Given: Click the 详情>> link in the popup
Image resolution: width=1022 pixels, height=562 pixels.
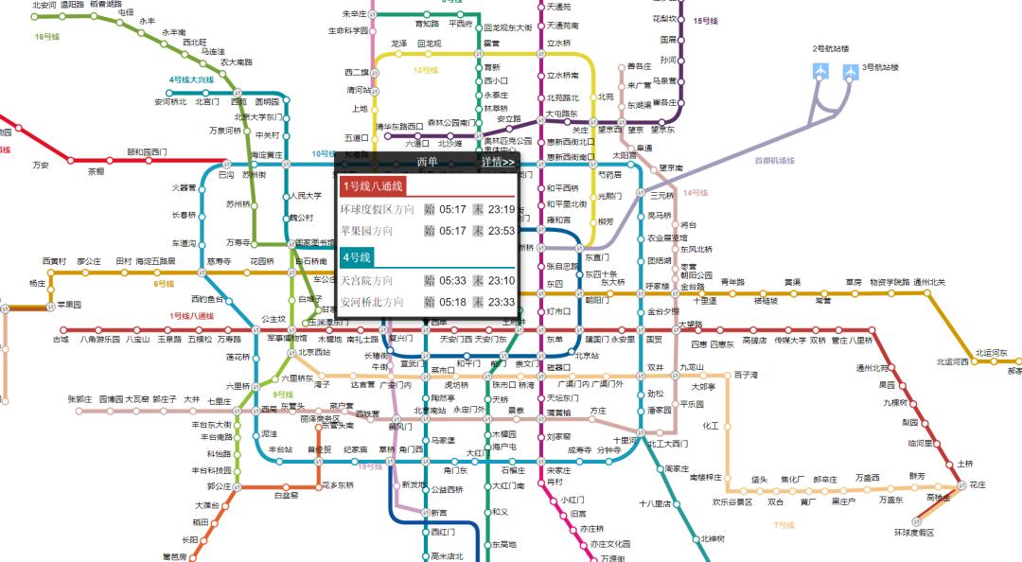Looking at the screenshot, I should click(x=497, y=162).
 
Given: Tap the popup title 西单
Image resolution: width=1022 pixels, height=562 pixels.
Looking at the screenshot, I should click(x=427, y=162).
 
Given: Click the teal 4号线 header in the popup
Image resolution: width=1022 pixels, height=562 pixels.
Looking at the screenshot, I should click(x=357, y=257).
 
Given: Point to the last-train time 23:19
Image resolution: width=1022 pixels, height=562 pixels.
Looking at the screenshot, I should click(x=502, y=209).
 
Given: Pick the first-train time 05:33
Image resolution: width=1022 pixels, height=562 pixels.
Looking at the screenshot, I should click(x=453, y=281).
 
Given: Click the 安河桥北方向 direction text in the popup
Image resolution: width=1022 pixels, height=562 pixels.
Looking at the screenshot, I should click(x=372, y=303).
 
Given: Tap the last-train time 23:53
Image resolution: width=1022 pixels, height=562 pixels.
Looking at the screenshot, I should click(x=502, y=231).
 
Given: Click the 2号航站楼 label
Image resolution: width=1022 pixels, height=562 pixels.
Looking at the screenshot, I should click(x=831, y=48).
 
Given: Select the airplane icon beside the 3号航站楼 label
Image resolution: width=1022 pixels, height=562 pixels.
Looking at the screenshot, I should click(x=847, y=69).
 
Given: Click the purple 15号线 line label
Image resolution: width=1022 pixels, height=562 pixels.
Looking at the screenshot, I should click(x=707, y=20).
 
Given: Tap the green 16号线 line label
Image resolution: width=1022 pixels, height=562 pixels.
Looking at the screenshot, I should click(x=47, y=37).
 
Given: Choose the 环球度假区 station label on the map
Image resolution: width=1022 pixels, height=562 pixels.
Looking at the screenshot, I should click(x=913, y=533).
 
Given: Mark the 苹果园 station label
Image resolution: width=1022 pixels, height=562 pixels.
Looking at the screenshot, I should click(x=69, y=305).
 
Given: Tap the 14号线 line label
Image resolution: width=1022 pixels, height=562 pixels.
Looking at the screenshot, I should click(x=696, y=193).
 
